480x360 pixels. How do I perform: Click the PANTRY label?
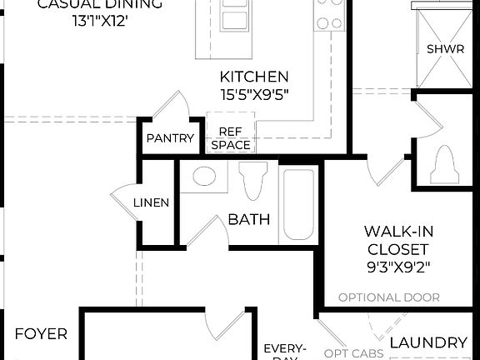(x=170, y=138)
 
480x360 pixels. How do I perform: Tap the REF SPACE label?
(x=231, y=138)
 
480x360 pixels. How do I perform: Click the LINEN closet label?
(x=152, y=202)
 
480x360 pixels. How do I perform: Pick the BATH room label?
(x=249, y=220)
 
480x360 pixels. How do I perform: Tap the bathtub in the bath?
(x=297, y=204)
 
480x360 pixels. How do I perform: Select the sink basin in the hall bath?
(x=203, y=176)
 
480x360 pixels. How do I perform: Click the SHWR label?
(x=440, y=49)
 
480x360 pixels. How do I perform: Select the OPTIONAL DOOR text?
(x=388, y=297)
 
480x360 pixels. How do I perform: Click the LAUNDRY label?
(x=428, y=342)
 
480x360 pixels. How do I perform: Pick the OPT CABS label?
(x=352, y=352)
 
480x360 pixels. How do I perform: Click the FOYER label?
(x=41, y=334)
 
